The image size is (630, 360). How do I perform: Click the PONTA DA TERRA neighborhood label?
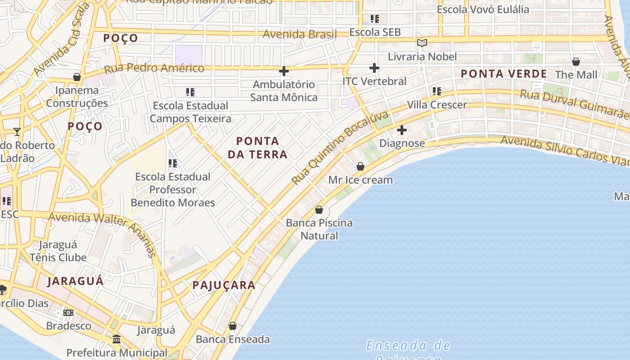point(257,148)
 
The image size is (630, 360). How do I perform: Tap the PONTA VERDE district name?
point(504,74)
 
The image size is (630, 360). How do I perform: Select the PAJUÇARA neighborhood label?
point(224,285)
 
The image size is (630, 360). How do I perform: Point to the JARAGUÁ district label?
point(76,281)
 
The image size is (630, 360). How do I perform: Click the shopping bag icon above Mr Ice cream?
point(360,166)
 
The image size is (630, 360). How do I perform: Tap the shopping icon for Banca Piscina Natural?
point(319,210)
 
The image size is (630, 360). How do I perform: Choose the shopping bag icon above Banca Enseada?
point(233,326)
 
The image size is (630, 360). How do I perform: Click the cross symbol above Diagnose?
point(402,130)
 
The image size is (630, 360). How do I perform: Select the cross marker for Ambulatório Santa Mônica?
point(284,71)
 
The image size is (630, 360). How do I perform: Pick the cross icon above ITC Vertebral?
point(374,68)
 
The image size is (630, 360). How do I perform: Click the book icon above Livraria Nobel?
point(422,43)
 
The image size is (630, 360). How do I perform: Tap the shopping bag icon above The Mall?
point(576,62)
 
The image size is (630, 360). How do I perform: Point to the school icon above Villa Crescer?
point(436,91)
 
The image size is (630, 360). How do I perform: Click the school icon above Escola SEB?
point(374,19)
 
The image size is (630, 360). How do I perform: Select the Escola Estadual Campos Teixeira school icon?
point(190,92)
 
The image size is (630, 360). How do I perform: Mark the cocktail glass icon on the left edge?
point(17,131)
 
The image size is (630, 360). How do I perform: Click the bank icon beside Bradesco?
point(68,312)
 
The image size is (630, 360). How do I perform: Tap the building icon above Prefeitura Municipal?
point(117,339)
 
